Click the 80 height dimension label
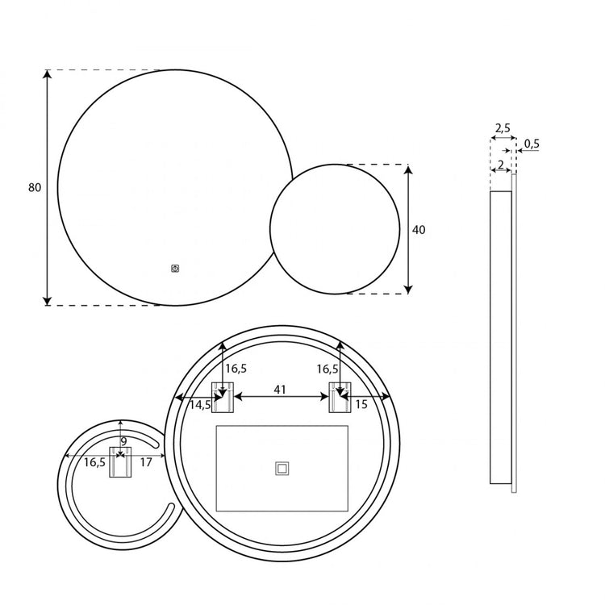35,187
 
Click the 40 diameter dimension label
419,230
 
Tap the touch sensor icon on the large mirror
175,269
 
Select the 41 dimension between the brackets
280,390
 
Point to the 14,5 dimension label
200,405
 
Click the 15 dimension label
361,404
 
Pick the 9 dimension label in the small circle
123,441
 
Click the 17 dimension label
146,462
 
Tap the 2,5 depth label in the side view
503,127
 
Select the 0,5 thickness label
532,144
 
